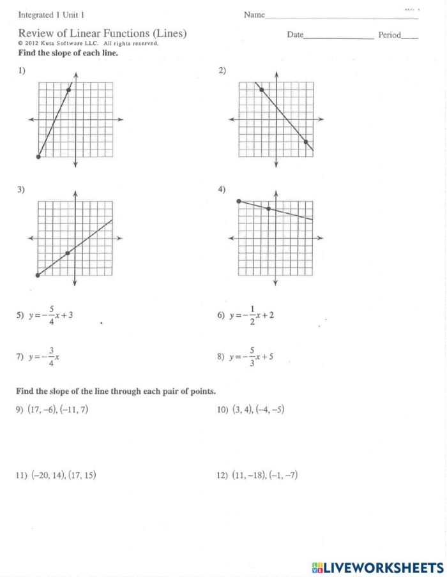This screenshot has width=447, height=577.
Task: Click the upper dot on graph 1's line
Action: pos(68,90)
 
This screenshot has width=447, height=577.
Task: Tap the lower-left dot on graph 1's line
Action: pos(38,156)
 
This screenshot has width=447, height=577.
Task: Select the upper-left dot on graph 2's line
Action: pos(262,90)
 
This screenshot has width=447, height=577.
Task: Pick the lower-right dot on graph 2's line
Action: pos(306,142)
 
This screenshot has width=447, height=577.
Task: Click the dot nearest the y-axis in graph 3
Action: pos(68,253)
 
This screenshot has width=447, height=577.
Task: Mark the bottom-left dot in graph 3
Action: pos(38,275)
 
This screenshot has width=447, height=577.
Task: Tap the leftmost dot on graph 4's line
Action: pos(239,201)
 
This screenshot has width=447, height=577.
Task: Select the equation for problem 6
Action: pos(252,315)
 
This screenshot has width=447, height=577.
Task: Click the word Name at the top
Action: pos(254,15)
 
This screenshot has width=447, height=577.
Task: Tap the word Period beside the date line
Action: pos(390,35)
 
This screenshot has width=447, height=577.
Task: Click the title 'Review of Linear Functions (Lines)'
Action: pos(102,33)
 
